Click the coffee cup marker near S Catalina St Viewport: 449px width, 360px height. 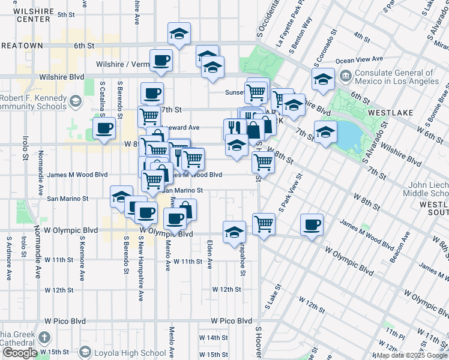(104, 128)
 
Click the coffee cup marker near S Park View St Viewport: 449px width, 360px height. (311, 224)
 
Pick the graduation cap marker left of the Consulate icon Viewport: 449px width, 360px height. (323, 79)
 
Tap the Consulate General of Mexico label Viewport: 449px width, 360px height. (396, 76)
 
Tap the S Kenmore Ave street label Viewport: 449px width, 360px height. (82, 259)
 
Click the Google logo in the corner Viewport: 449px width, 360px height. (19, 353)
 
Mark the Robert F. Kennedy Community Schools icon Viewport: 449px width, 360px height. (75, 100)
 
